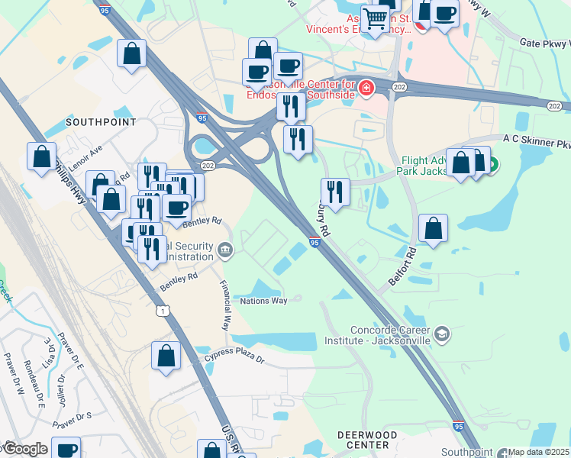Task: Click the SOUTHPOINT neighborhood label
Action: click(101, 121)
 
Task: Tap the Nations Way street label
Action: click(263, 301)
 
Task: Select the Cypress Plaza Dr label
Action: click(234, 359)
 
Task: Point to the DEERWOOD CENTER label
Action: click(367, 439)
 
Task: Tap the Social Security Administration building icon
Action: click(225, 250)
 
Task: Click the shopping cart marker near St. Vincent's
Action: click(375, 18)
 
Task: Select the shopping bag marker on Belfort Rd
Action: click(433, 227)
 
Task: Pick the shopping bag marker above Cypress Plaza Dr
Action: click(166, 356)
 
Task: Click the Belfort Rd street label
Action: click(402, 266)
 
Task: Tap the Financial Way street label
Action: click(227, 298)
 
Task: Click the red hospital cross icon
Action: click(366, 89)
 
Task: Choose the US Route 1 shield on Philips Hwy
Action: click(162, 311)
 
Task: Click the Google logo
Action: click(24, 449)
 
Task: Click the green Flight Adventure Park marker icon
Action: click(492, 163)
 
